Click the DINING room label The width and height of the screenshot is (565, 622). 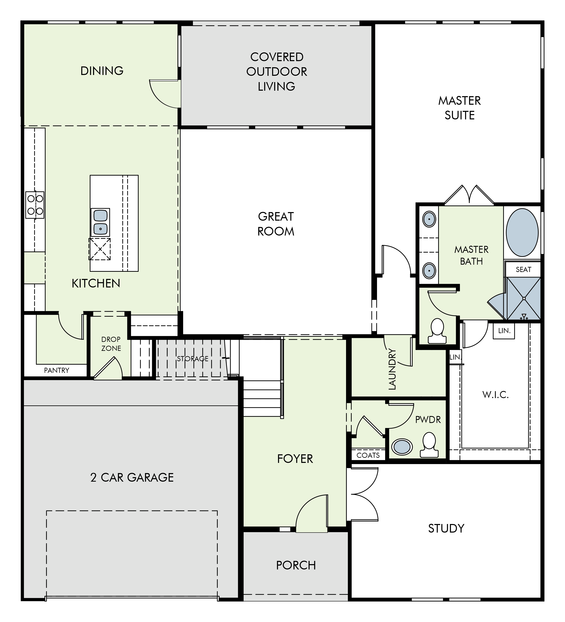click(102, 71)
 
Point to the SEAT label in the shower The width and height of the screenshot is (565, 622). click(523, 270)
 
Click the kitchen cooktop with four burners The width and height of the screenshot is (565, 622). click(35, 205)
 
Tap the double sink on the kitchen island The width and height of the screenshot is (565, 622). click(100, 222)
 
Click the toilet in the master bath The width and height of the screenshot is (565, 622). click(437, 331)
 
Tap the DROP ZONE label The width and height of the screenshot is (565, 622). click(111, 344)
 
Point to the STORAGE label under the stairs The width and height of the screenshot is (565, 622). click(192, 359)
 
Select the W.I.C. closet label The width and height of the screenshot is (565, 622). click(495, 395)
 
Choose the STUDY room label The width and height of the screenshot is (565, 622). click(446, 528)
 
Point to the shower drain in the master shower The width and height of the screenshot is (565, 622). click(524, 298)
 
